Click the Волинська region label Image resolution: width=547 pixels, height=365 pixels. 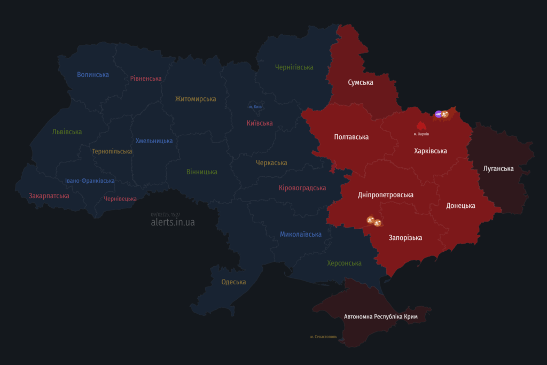pyautogui.click(x=93, y=75)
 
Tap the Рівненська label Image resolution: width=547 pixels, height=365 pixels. pyautogui.click(x=146, y=79)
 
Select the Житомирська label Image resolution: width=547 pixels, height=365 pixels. pyautogui.click(x=196, y=99)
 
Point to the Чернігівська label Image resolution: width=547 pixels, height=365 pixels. pyautogui.click(x=294, y=67)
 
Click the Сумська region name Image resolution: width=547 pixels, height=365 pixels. pyautogui.click(x=361, y=82)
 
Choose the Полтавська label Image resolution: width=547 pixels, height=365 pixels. pyautogui.click(x=351, y=137)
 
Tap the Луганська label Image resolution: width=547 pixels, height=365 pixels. pyautogui.click(x=498, y=169)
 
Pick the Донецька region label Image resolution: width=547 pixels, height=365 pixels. pyautogui.click(x=461, y=206)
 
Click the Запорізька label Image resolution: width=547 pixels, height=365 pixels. pyautogui.click(x=405, y=238)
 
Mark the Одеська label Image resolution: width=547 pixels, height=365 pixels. pyautogui.click(x=233, y=282)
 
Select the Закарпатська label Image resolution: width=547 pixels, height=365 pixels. pyautogui.click(x=49, y=196)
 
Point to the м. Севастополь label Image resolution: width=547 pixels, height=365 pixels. pyautogui.click(x=324, y=337)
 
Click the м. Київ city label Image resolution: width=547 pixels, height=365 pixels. pyautogui.click(x=255, y=107)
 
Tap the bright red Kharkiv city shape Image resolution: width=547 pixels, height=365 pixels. pyautogui.click(x=421, y=126)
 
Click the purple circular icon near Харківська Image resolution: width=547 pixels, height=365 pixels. pyautogui.click(x=439, y=114)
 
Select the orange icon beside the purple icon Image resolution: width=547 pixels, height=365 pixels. pyautogui.click(x=445, y=114)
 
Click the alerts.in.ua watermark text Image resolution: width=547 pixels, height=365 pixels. pyautogui.click(x=173, y=222)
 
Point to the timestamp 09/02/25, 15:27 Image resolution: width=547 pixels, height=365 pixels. pyautogui.click(x=166, y=214)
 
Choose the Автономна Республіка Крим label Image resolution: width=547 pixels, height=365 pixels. pyautogui.click(x=381, y=317)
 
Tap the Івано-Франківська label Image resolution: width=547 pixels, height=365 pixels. pyautogui.click(x=90, y=181)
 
